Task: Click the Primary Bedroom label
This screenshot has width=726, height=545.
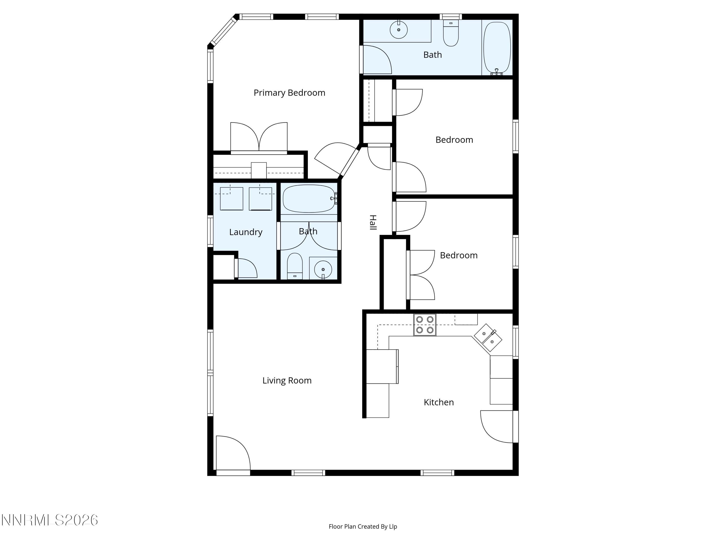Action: [x=289, y=93]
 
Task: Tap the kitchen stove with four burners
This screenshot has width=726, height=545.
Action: [x=425, y=325]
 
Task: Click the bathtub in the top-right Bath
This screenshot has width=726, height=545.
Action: [x=497, y=48]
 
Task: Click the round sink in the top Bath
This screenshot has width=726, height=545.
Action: [x=398, y=30]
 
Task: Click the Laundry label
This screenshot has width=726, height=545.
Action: [x=245, y=232]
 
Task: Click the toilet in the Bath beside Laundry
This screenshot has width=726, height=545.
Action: [x=295, y=265]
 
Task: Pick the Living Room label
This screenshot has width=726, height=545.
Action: [x=287, y=381]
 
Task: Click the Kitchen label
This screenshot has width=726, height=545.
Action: [x=439, y=402]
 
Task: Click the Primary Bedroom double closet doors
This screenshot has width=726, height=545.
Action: [x=259, y=137]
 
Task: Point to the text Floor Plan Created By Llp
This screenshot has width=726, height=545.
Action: [x=363, y=526]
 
